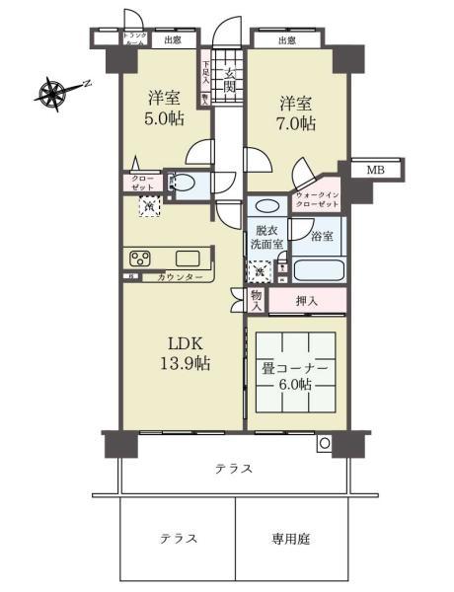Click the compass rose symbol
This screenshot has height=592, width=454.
(51, 94)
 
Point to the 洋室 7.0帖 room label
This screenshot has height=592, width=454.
(296, 113)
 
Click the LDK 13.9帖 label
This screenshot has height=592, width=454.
(187, 354)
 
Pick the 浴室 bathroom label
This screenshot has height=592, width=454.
(321, 237)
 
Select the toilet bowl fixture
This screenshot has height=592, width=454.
(183, 183)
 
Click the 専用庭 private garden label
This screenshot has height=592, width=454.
(291, 539)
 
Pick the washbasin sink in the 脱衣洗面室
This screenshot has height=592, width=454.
(265, 207)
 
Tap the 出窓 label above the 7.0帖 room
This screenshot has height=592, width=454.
(286, 40)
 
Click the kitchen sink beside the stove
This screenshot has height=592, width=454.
(190, 259)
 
